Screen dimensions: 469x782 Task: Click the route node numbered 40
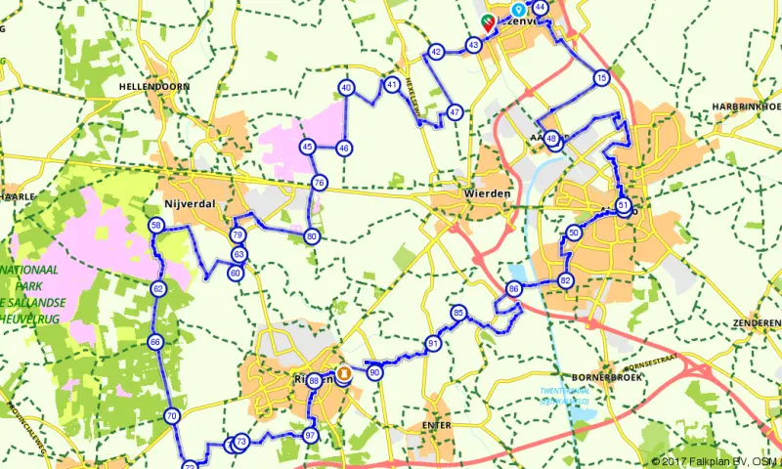coord(346,88)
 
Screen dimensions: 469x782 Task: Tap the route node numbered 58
coord(156,226)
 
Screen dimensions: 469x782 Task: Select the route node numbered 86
coord(514,289)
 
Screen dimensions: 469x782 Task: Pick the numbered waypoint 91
coord(433,343)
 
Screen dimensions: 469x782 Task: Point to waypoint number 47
coord(455,112)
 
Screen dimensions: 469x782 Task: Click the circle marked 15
coord(601,77)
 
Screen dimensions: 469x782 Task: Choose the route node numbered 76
coord(319,183)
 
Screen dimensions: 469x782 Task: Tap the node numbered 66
coord(155,342)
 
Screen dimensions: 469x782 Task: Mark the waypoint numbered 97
coord(310,435)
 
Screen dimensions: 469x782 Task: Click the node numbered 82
coord(565,280)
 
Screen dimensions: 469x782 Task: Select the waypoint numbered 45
coord(307,148)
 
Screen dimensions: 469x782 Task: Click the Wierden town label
coord(485,193)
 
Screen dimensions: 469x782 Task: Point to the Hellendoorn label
coord(152,86)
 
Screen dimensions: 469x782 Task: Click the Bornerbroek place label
coord(605,376)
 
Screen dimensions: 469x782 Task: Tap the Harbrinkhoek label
coord(746,106)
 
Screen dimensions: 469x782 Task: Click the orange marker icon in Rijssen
coord(344,372)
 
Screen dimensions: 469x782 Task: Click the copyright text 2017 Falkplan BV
coord(706,461)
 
